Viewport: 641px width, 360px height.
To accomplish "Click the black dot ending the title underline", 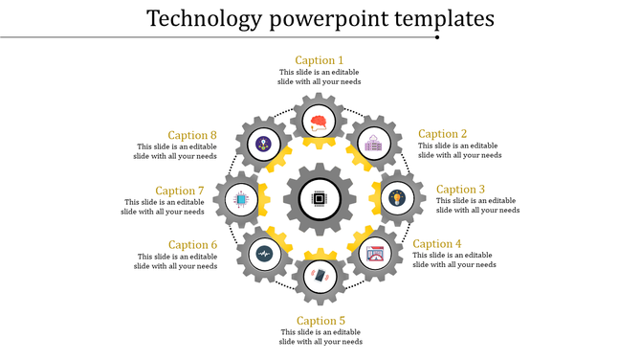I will click(x=437, y=37).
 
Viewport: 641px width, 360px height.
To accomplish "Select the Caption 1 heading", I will click(x=320, y=60).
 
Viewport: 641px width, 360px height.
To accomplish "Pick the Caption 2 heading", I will click(x=443, y=134).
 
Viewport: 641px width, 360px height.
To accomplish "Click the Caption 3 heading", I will click(x=461, y=190).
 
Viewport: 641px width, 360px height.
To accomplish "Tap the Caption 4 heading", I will click(x=437, y=244).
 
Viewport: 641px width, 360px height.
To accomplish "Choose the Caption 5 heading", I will click(x=320, y=321).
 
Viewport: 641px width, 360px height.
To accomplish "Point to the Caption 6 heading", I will click(x=193, y=245).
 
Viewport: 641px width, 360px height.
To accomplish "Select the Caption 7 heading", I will click(x=180, y=191).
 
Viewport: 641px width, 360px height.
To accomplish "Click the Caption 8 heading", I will click(x=193, y=135).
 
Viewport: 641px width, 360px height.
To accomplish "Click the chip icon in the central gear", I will click(x=320, y=200).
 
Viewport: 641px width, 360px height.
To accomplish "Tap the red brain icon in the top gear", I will click(x=320, y=122).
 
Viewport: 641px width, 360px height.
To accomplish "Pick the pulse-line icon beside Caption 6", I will click(x=263, y=254).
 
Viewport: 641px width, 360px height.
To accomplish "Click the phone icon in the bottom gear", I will click(x=320, y=276).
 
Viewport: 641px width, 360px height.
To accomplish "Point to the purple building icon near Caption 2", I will click(x=371, y=145).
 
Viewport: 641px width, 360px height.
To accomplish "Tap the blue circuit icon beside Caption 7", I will click(x=240, y=200).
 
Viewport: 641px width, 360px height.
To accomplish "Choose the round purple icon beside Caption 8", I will click(x=263, y=145).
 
